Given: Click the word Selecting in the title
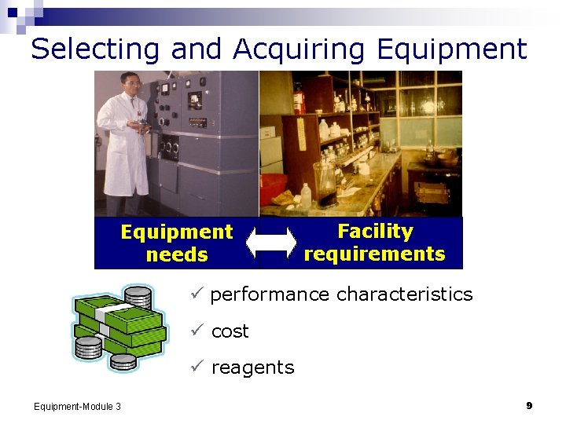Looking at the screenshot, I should coord(96,49).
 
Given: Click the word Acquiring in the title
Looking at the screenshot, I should coord(299,49).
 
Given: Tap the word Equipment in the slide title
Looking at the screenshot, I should coord(451,49).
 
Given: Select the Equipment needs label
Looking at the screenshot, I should coord(176,243).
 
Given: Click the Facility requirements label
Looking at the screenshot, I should coord(374,243).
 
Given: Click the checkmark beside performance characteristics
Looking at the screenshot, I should coord(197,294).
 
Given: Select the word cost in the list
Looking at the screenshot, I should coord(230,331).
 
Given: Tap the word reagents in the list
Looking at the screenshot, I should coord(252,367).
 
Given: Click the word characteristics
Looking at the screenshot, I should coord(404,294).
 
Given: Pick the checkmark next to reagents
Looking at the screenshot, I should coord(197,367).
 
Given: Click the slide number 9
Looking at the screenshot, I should coord(529,405).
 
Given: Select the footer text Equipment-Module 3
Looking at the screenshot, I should coord(77,406).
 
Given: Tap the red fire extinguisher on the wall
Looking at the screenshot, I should coord(298,98).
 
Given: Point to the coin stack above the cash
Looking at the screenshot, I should coord(138,298).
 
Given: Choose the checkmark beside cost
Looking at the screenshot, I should coord(197,331).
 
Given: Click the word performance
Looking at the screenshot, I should coord(270,294).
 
